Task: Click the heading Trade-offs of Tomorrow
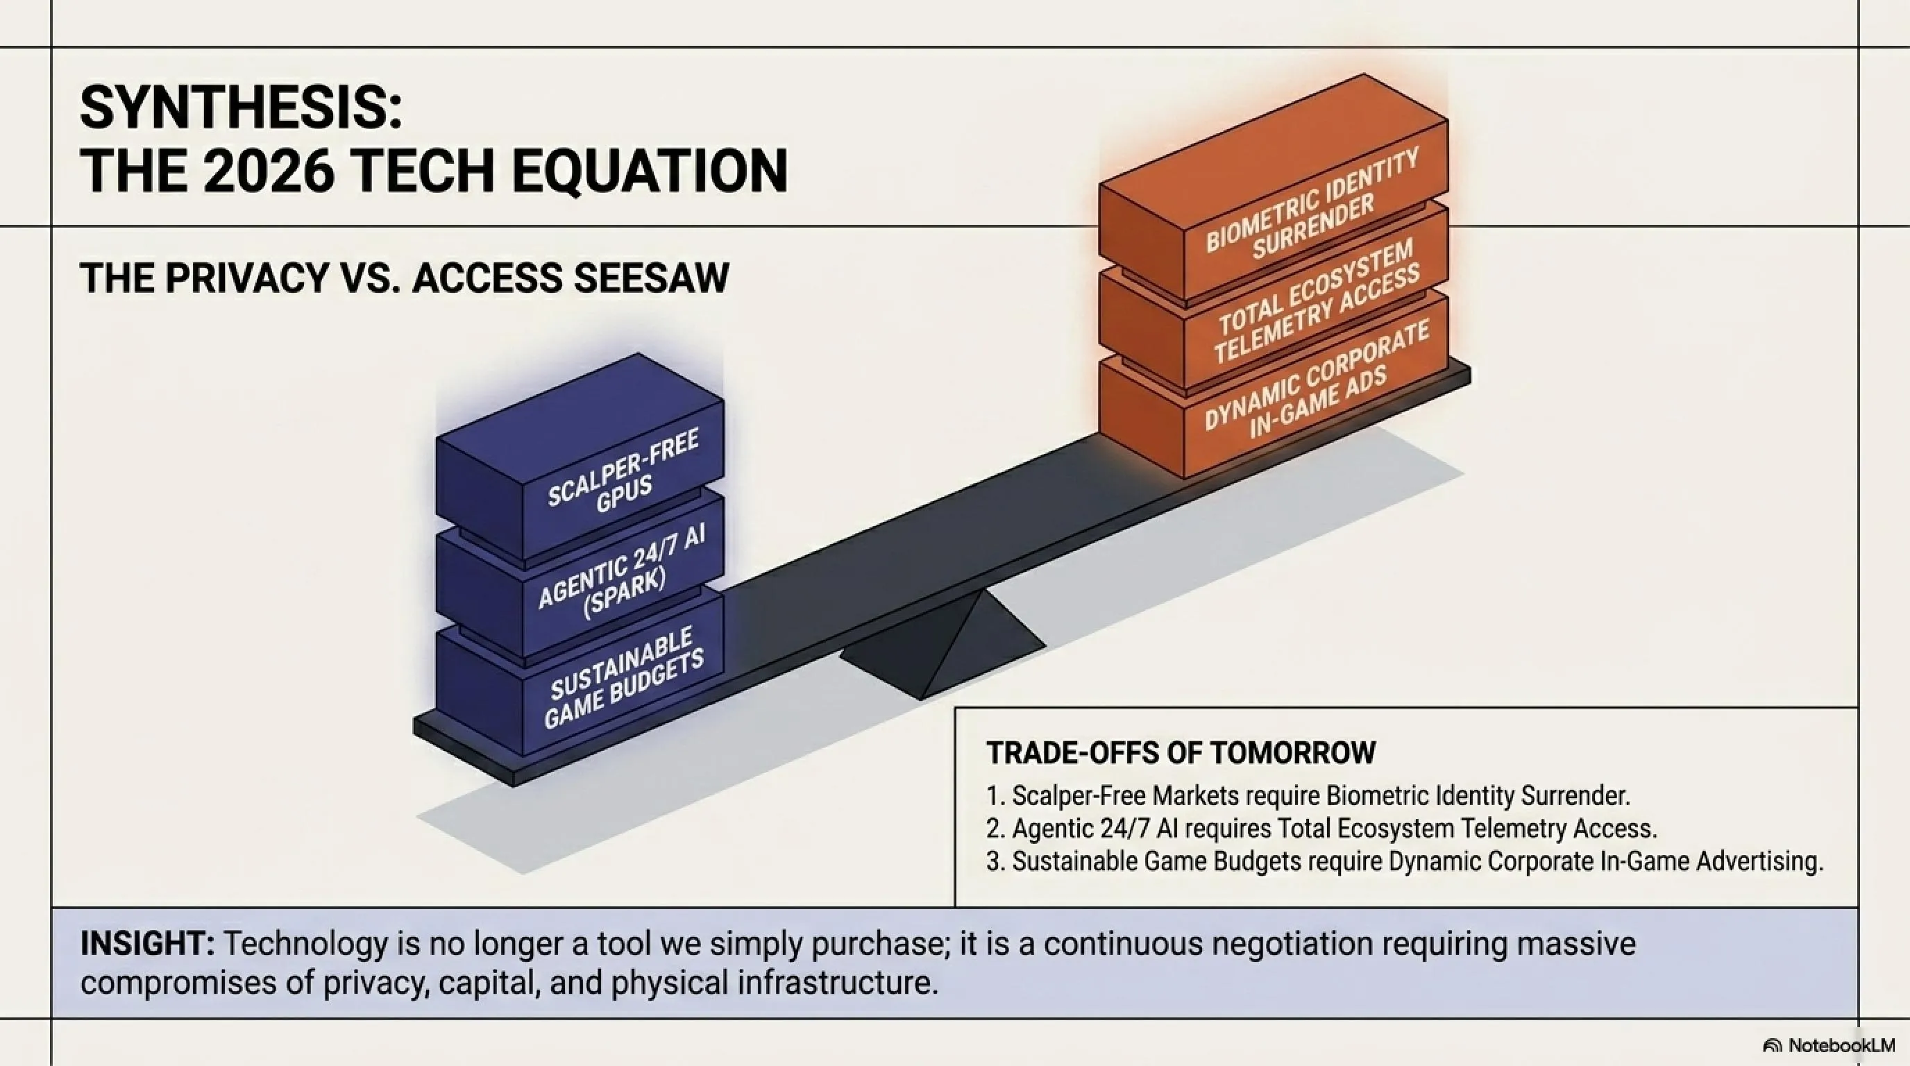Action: point(1181,752)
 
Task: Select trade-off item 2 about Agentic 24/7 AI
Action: point(1321,828)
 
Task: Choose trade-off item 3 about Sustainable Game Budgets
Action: point(1404,861)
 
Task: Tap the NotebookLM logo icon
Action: point(1772,1046)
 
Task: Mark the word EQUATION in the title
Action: point(650,171)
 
